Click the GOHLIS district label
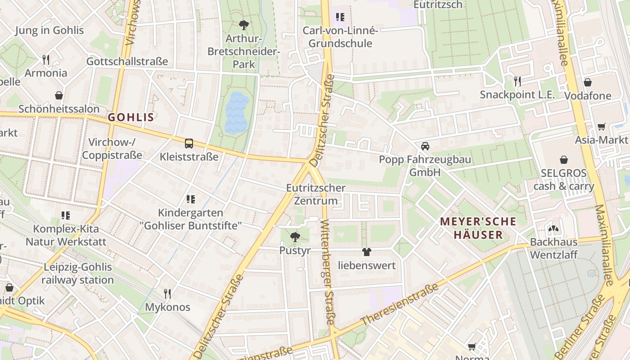tap(131, 117)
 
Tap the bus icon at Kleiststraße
tap(189, 144)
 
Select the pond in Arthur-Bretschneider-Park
tap(237, 112)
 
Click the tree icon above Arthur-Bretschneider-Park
tap(244, 25)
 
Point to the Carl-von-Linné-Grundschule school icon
tap(340, 17)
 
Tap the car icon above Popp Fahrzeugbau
tap(425, 146)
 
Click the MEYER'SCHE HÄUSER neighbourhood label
tap(478, 228)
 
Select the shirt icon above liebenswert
tap(367, 252)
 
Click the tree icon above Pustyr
tap(295, 237)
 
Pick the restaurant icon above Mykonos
tap(167, 294)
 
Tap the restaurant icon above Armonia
tap(45, 59)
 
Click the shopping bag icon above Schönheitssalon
tap(59, 95)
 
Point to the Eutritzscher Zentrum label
tap(316, 194)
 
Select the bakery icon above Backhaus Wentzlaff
tap(553, 229)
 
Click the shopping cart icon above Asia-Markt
tap(601, 127)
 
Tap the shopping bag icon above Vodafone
tap(587, 82)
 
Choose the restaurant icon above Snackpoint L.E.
tap(517, 81)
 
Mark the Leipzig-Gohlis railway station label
tap(78, 273)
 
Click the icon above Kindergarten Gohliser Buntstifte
tap(191, 199)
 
